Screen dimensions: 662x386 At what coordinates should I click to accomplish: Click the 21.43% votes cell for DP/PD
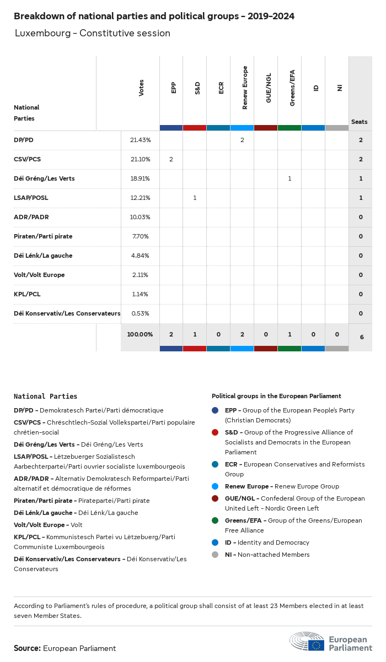[x=140, y=140]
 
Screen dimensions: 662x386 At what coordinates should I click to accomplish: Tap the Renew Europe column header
[x=245, y=88]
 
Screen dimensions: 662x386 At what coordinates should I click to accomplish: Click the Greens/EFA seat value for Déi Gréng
[x=289, y=179]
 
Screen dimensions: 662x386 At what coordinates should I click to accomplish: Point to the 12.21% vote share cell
[x=140, y=198]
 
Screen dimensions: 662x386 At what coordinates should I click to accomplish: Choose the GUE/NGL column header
[x=269, y=88]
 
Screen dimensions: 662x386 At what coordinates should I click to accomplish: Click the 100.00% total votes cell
[x=140, y=334]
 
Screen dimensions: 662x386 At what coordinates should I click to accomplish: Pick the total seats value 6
[x=361, y=337]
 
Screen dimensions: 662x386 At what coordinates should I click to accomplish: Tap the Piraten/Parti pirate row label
[x=43, y=237]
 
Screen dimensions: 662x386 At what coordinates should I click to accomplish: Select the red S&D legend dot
[x=215, y=433]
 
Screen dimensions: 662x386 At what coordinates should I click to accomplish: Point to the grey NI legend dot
[x=215, y=555]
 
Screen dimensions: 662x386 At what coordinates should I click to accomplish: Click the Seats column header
[x=359, y=122]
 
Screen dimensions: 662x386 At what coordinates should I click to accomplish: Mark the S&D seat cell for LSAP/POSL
[x=195, y=198]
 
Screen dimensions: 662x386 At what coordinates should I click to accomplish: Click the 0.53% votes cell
[x=140, y=314]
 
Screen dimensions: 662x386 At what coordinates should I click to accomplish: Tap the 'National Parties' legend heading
[x=45, y=397]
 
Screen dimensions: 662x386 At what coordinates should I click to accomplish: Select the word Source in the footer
[x=27, y=649]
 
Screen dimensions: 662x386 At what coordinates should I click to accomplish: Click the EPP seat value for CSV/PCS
[x=171, y=160]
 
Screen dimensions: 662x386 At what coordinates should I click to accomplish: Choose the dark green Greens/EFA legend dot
[x=215, y=521]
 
